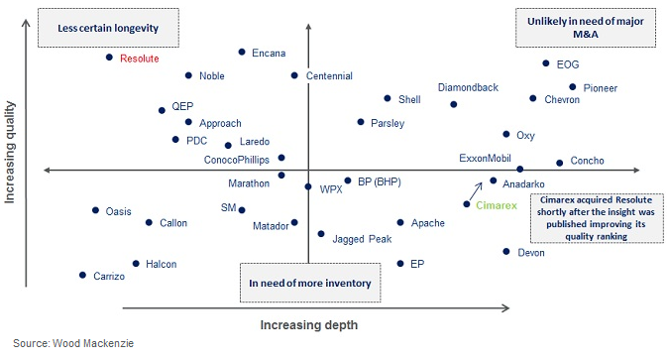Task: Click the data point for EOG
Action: (546, 63)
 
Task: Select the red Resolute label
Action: (139, 59)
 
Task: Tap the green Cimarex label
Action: (496, 204)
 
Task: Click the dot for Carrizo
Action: (82, 275)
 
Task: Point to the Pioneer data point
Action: (572, 87)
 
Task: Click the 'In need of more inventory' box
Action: (309, 283)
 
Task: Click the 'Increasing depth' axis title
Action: (308, 324)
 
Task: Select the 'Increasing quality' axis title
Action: (11, 151)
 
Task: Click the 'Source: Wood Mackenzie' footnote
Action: (72, 343)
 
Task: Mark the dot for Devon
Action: (506, 252)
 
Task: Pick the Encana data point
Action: (242, 52)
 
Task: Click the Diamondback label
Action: (468, 87)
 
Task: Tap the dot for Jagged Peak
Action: (321, 234)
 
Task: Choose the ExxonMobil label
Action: (485, 158)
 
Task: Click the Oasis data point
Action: (96, 210)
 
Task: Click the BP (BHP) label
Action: (378, 181)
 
